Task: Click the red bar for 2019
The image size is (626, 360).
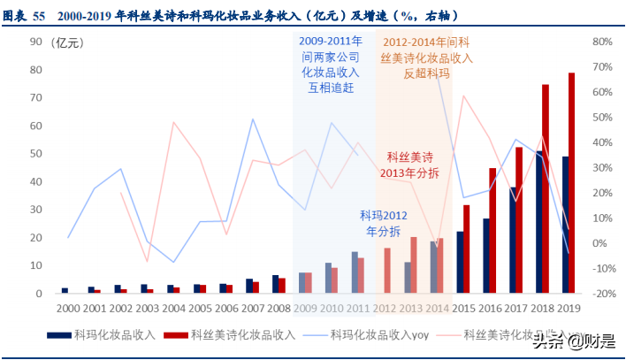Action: (572, 182)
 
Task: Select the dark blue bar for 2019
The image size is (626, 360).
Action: (564, 225)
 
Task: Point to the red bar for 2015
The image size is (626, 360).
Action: (467, 249)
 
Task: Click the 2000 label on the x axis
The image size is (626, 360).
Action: (67, 307)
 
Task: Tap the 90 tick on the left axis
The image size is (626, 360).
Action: (36, 42)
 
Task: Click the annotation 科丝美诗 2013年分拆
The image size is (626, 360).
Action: (412, 165)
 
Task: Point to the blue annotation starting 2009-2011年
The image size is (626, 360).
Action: (331, 65)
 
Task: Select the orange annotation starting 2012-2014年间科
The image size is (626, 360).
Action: (427, 57)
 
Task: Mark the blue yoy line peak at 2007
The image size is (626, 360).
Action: (253, 119)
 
